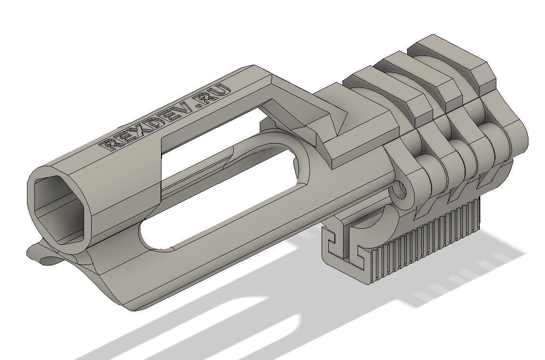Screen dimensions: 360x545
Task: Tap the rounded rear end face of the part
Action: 515,142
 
